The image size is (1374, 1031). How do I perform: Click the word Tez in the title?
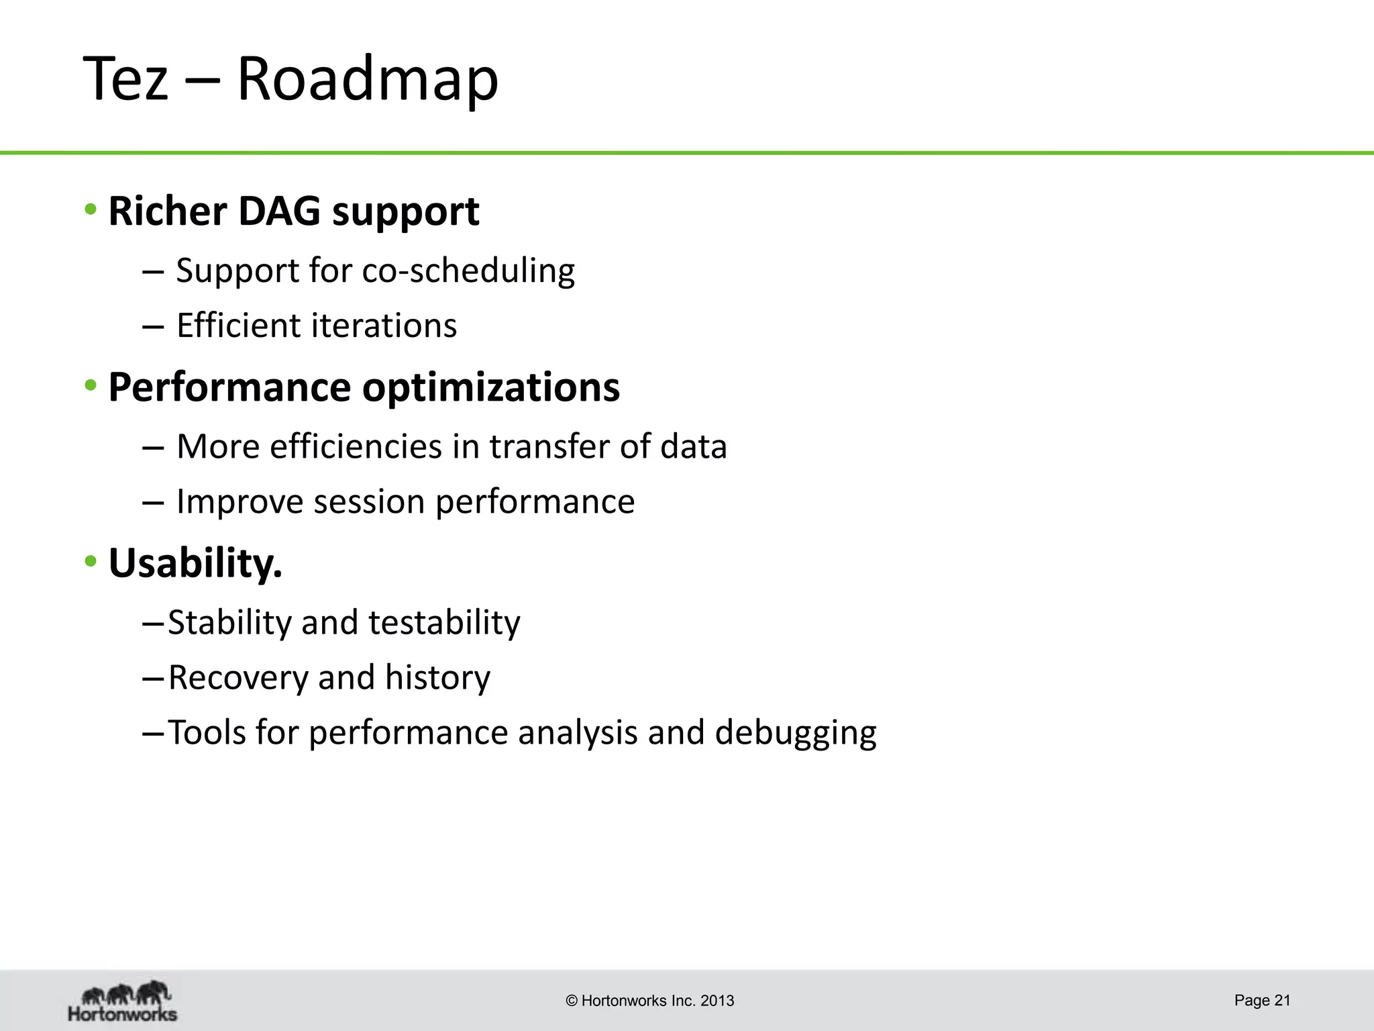click(125, 79)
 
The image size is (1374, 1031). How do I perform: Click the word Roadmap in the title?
click(368, 79)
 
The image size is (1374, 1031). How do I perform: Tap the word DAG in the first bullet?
click(280, 211)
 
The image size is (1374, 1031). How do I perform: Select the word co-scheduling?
click(468, 271)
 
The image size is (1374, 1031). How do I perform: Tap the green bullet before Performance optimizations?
click(91, 386)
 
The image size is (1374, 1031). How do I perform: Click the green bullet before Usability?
click(91, 561)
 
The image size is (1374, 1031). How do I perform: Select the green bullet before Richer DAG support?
click(91, 210)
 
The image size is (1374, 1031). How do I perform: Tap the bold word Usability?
click(195, 563)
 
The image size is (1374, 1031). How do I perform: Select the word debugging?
click(796, 733)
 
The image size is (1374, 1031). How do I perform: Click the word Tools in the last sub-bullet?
click(206, 732)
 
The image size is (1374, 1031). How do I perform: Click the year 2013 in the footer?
click(717, 1001)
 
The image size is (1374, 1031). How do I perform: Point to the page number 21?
click(1282, 1000)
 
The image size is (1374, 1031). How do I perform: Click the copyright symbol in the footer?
click(572, 1001)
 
